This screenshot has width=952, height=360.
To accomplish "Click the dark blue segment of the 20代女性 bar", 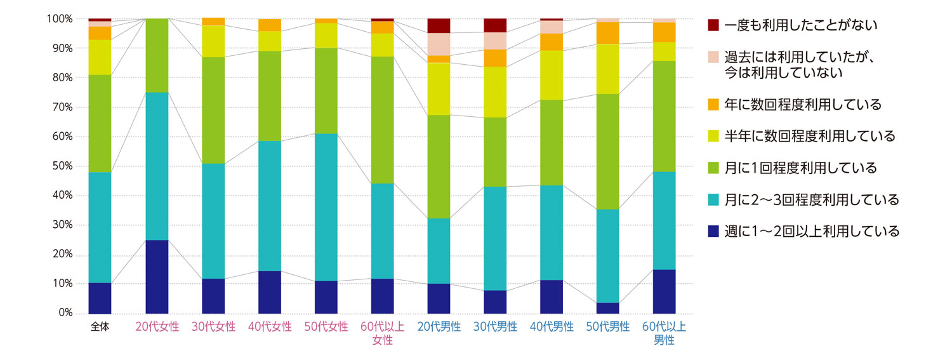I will pyautogui.click(x=157, y=277).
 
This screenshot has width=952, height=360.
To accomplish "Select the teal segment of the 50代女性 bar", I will pyautogui.click(x=326, y=207).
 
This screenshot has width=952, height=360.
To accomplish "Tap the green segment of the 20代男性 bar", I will pyautogui.click(x=439, y=166).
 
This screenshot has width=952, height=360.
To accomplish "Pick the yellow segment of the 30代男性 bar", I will pyautogui.click(x=495, y=91).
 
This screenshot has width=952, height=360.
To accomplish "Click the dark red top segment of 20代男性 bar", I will pyautogui.click(x=439, y=25).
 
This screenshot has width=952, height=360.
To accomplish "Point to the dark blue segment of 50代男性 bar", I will pyautogui.click(x=608, y=308).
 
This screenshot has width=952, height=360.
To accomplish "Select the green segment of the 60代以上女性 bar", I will pyautogui.click(x=383, y=119).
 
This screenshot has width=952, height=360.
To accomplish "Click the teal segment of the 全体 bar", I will pyautogui.click(x=100, y=227).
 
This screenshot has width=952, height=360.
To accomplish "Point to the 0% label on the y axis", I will pyautogui.click(x=63, y=314).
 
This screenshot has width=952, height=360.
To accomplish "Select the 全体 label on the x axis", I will pyautogui.click(x=100, y=327).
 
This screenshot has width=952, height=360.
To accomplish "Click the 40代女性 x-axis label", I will pyautogui.click(x=270, y=327).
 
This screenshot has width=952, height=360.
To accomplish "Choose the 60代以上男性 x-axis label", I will pyautogui.click(x=664, y=333).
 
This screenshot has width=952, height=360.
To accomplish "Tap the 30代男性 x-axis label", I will pyautogui.click(x=495, y=327).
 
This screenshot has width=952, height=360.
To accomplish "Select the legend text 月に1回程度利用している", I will pyautogui.click(x=800, y=168).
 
